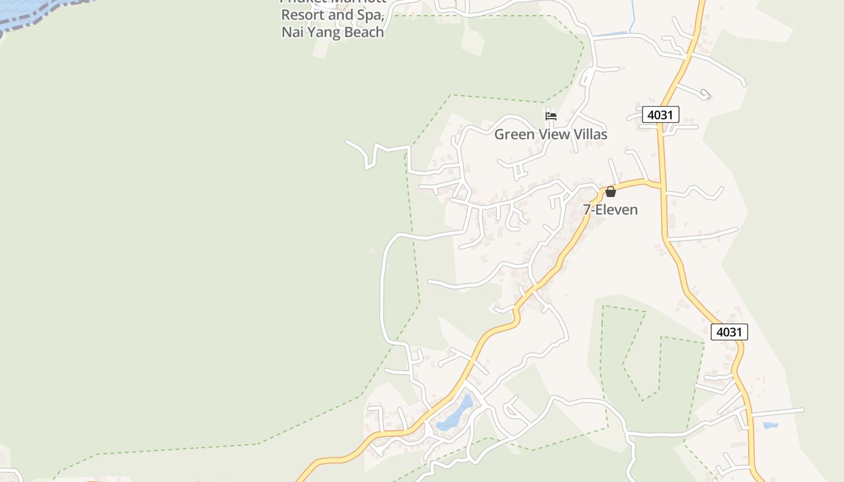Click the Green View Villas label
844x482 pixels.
pyautogui.click(x=550, y=134)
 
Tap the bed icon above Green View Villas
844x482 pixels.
pyautogui.click(x=550, y=116)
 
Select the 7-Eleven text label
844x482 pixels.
pyautogui.click(x=610, y=210)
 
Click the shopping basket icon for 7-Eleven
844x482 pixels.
pyautogui.click(x=610, y=192)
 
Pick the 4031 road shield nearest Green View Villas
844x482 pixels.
pyautogui.click(x=660, y=114)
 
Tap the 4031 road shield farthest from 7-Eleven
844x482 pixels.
pyautogui.click(x=729, y=332)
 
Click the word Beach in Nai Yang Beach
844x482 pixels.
pyautogui.click(x=359, y=33)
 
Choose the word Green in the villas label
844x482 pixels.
pyautogui.click(x=514, y=134)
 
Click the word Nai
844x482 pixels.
pyautogui.click(x=291, y=33)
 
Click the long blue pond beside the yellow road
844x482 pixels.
pyautogui.click(x=457, y=415)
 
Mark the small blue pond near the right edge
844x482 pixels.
pyautogui.click(x=770, y=426)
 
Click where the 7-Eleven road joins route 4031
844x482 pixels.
pyautogui.click(x=661, y=184)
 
